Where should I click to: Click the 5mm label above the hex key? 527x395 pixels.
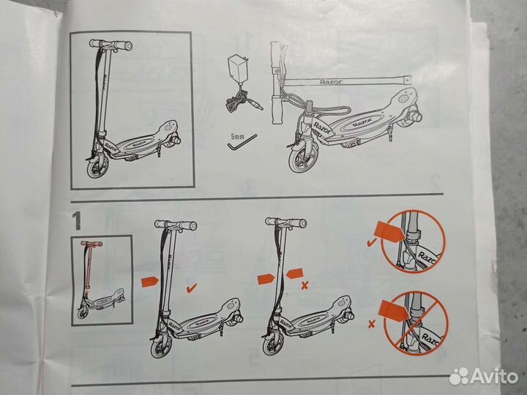[237, 137]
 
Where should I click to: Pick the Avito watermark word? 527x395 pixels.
[494, 376]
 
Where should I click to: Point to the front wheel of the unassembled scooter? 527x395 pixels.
[304, 158]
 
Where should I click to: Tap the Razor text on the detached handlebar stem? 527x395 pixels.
[331, 82]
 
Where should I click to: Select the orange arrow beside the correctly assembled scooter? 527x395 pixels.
[149, 282]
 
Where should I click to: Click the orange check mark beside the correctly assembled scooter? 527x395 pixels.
[192, 288]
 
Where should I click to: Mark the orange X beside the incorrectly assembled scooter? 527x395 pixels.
[304, 285]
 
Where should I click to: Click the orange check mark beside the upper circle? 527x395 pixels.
[371, 242]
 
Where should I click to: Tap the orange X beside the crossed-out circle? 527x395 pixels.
[371, 324]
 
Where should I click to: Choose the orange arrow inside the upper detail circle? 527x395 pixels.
[390, 230]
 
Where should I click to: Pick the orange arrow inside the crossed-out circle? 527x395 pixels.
[394, 311]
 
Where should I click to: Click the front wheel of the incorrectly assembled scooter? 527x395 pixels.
[273, 345]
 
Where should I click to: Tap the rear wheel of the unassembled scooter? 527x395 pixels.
[415, 116]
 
